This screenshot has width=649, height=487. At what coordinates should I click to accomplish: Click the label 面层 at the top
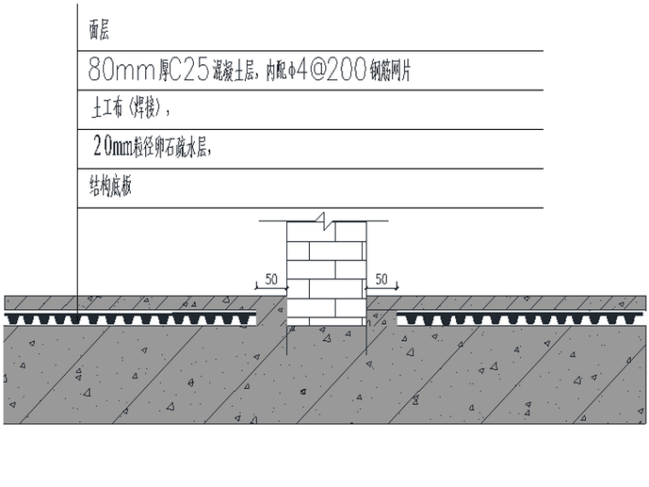[99, 32]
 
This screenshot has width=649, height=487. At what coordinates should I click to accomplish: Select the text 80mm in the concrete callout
[115, 71]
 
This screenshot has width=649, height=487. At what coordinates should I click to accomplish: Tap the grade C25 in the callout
[182, 71]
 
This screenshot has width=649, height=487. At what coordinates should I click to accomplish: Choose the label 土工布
[107, 109]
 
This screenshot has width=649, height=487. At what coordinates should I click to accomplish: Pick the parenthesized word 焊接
[145, 109]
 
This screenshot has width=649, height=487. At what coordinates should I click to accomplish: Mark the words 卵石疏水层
[180, 149]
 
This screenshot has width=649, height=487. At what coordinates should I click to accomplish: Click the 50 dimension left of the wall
[272, 279]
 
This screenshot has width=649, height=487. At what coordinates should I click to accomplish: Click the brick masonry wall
[325, 273]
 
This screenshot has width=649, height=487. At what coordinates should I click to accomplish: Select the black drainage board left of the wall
[132, 319]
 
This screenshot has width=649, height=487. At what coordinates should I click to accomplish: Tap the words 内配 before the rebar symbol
[276, 73]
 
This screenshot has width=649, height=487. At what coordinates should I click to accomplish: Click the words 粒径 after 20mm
[143, 149]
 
